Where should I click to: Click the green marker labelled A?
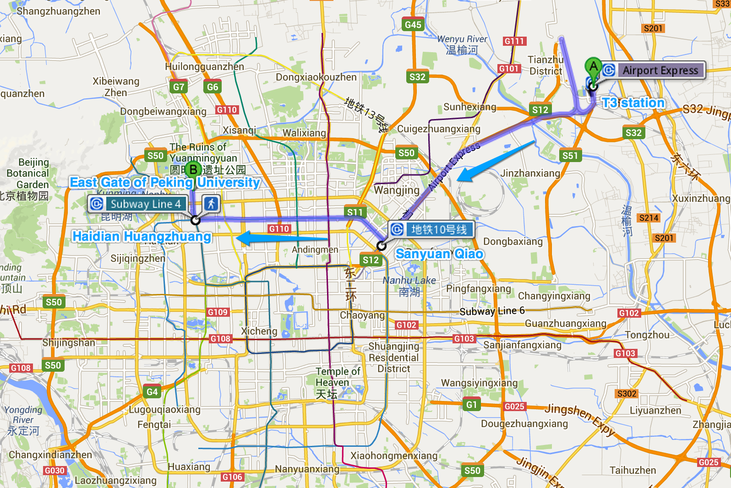[x=593, y=67]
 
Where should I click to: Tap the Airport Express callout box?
[x=653, y=70]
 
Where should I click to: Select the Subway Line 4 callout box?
[x=138, y=204]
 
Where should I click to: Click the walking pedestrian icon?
[x=211, y=204]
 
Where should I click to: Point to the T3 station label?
[x=633, y=103]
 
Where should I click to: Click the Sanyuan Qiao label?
[x=439, y=254]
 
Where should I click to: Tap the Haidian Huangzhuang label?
[x=142, y=236]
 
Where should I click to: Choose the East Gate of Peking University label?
[x=165, y=182]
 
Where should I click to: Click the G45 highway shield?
[x=413, y=25]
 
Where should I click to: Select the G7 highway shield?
[x=179, y=87]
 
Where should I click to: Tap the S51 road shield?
[x=570, y=156]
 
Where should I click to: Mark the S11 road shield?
[x=355, y=212]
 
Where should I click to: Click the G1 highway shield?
[x=472, y=405]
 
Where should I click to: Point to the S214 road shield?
[x=649, y=218]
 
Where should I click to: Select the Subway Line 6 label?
[x=492, y=311]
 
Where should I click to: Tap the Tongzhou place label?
[x=647, y=335]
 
